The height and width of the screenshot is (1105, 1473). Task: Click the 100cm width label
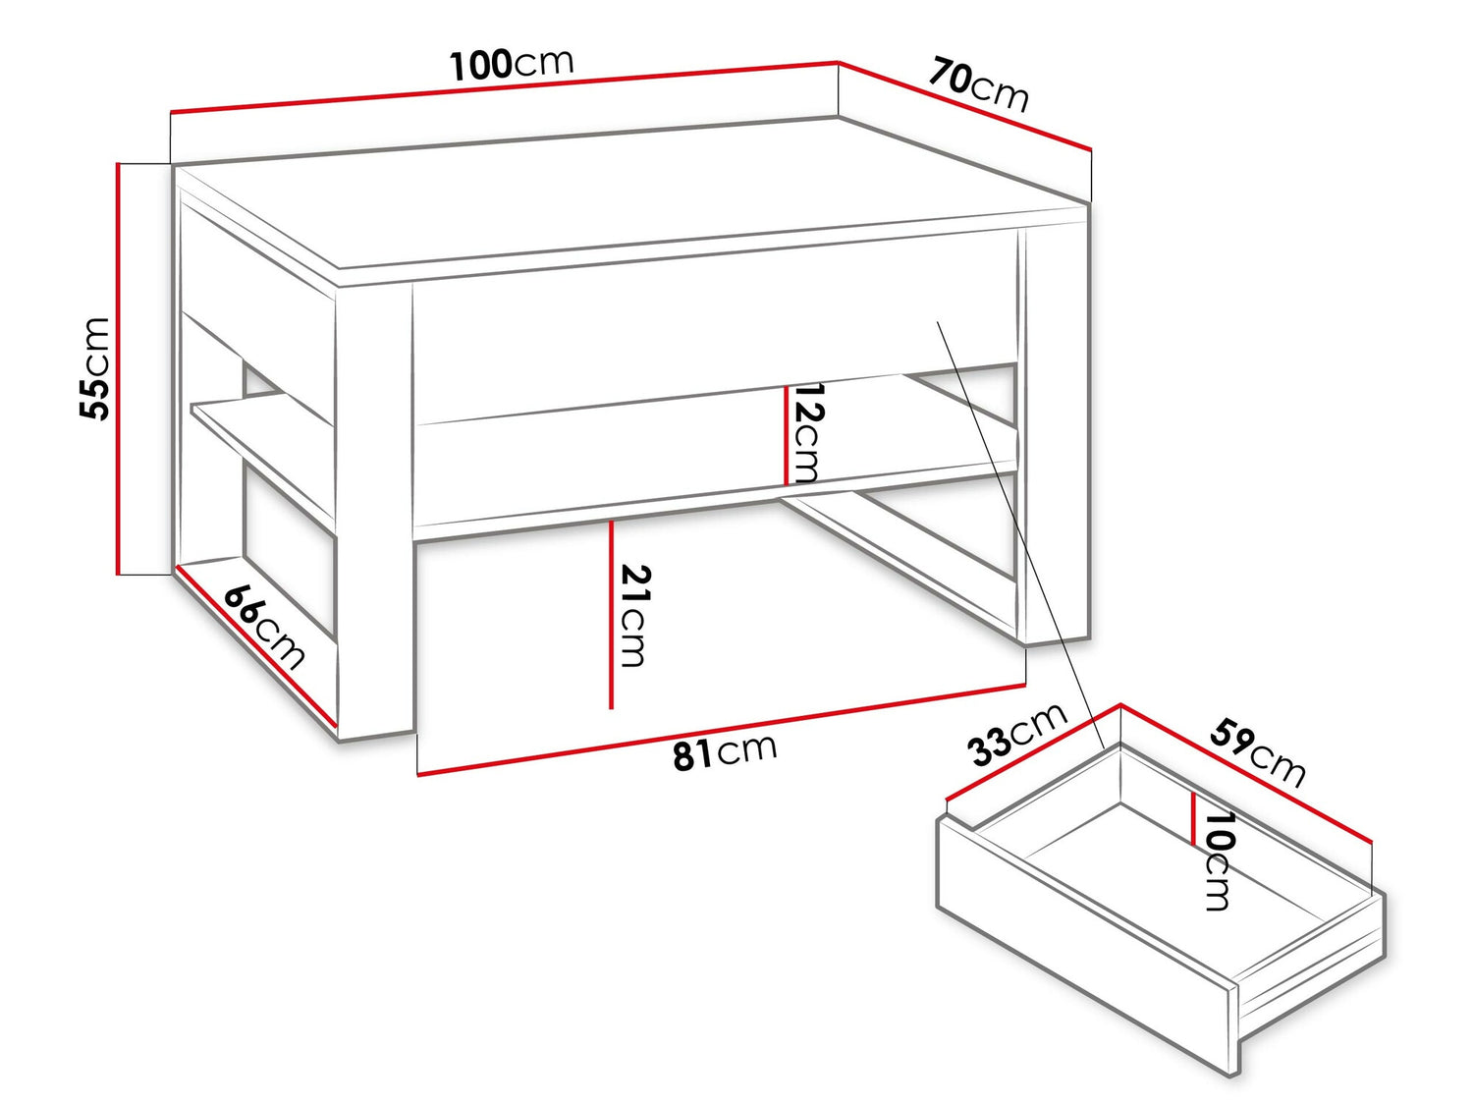click(x=512, y=65)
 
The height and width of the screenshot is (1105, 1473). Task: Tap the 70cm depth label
click(x=979, y=85)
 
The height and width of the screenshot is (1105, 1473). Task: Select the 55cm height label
click(x=94, y=369)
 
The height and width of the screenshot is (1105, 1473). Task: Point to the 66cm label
click(x=264, y=626)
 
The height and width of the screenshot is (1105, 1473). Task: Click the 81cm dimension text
click(x=725, y=751)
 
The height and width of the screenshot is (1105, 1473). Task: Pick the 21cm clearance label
click(x=634, y=616)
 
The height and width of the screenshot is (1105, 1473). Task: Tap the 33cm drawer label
click(x=1017, y=734)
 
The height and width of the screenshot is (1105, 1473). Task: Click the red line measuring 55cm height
click(x=118, y=368)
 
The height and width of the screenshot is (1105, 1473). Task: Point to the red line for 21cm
click(x=612, y=615)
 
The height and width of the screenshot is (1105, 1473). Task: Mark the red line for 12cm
click(x=786, y=435)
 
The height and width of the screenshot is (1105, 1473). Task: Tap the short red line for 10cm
click(x=1193, y=818)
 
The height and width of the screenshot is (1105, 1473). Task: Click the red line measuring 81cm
click(x=722, y=730)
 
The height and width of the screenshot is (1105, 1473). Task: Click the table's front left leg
click(x=374, y=510)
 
